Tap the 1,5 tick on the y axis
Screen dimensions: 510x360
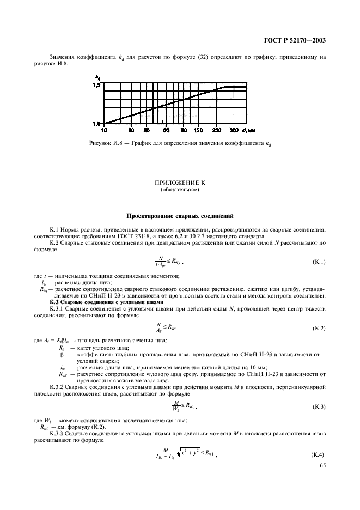(x=96, y=86)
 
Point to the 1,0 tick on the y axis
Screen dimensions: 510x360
(x=96, y=124)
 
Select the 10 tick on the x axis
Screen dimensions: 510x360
(x=103, y=131)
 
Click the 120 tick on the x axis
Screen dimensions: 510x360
(x=198, y=131)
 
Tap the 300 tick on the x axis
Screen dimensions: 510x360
(x=234, y=131)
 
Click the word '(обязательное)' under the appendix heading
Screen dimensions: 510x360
(x=179, y=191)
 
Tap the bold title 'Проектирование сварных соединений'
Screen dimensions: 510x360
(x=179, y=216)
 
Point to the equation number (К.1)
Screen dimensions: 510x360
(x=318, y=263)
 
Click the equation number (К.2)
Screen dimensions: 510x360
(x=318, y=329)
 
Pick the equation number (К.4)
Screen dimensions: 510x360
(x=318, y=454)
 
